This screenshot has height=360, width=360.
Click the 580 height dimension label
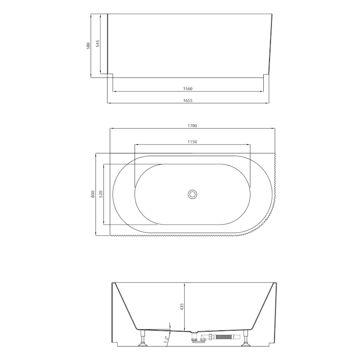[88, 46]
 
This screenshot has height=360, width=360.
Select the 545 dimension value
[98, 44]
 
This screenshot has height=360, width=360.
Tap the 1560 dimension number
[188, 89]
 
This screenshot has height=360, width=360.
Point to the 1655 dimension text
[188, 100]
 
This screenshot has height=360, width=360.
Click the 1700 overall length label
[193, 126]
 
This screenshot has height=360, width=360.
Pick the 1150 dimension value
[193, 142]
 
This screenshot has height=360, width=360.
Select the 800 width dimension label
[93, 194]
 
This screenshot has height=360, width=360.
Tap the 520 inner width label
[101, 194]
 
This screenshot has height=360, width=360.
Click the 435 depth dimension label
[182, 307]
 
